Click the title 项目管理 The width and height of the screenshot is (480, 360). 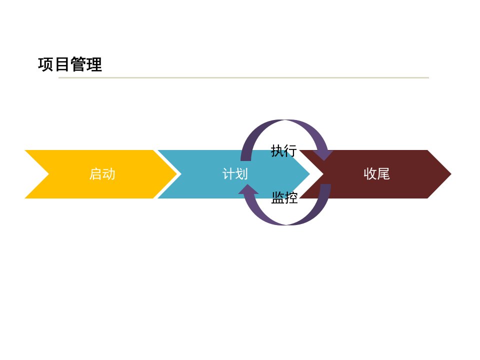click(70, 64)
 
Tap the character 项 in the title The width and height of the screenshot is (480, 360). click(46, 64)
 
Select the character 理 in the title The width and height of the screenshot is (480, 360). click(94, 64)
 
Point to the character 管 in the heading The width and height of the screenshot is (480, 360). click(78, 64)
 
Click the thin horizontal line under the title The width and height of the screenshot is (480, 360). click(243, 78)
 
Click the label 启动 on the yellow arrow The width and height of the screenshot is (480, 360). click(102, 174)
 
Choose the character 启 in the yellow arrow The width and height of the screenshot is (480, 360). click(95, 174)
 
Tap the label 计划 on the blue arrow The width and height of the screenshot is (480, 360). click(235, 174)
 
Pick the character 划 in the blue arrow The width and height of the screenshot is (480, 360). click(241, 174)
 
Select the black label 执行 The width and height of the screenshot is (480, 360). click(284, 151)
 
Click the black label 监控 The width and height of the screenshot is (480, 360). click(284, 197)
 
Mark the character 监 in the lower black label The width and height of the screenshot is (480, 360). click(278, 197)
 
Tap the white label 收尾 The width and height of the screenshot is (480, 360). click(377, 174)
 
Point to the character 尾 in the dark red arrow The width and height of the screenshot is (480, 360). click(383, 174)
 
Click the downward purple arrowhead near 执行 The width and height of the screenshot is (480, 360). click(323, 155)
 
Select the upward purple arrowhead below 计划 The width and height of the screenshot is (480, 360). click(248, 189)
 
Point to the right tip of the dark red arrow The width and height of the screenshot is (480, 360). click(451, 174)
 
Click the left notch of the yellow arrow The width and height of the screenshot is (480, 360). click(49, 174)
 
